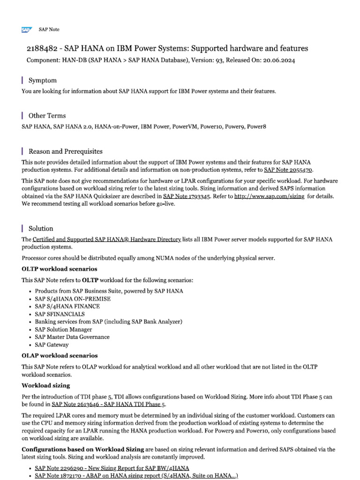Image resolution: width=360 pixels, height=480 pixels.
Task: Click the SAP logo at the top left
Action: click(x=26, y=30)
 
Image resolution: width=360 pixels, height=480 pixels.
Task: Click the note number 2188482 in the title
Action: click(x=42, y=49)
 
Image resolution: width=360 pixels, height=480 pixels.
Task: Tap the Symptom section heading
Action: click(x=42, y=80)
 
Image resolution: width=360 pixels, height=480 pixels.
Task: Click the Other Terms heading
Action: click(x=47, y=115)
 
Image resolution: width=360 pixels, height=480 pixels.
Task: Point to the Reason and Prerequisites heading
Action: click(x=65, y=151)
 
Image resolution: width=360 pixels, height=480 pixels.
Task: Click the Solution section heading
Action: click(x=41, y=228)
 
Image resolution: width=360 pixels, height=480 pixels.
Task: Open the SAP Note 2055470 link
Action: click(x=288, y=170)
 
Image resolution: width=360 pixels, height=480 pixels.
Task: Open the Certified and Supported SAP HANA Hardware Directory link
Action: click(x=107, y=239)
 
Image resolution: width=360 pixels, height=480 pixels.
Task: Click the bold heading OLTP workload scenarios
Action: click(x=60, y=269)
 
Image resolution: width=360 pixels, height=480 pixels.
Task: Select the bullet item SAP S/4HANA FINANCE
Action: click(x=67, y=306)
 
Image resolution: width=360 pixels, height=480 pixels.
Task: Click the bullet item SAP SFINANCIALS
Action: click(x=60, y=314)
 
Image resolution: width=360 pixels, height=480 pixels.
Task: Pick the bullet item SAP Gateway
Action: click(x=52, y=345)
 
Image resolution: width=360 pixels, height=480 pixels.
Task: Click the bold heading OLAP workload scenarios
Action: click(x=60, y=356)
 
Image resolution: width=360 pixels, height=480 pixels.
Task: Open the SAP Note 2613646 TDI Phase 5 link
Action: click(x=108, y=404)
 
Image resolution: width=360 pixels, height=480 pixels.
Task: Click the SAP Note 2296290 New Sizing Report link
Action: click(x=112, y=468)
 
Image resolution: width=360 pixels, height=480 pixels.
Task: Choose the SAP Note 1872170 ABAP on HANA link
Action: click(x=136, y=476)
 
